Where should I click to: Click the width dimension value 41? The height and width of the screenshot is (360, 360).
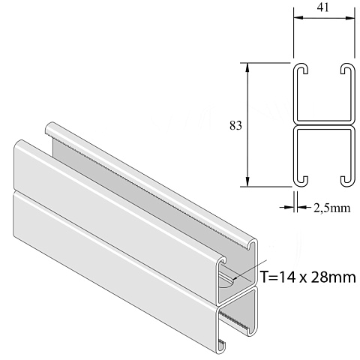pos(323,7)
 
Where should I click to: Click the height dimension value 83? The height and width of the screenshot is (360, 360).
pos(235,125)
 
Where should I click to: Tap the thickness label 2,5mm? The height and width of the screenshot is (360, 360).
pos(332,208)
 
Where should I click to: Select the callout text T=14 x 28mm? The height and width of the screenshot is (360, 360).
pos(308,277)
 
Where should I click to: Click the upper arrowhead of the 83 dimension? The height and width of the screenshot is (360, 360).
pos(247,67)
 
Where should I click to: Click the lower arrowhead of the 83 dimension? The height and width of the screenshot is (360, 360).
pos(247,181)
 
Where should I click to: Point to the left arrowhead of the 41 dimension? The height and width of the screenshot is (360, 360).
pos(298,18)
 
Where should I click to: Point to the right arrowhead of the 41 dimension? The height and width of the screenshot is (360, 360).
pos(349,18)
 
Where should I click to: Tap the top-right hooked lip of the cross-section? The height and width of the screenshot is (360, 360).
pos(348,68)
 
